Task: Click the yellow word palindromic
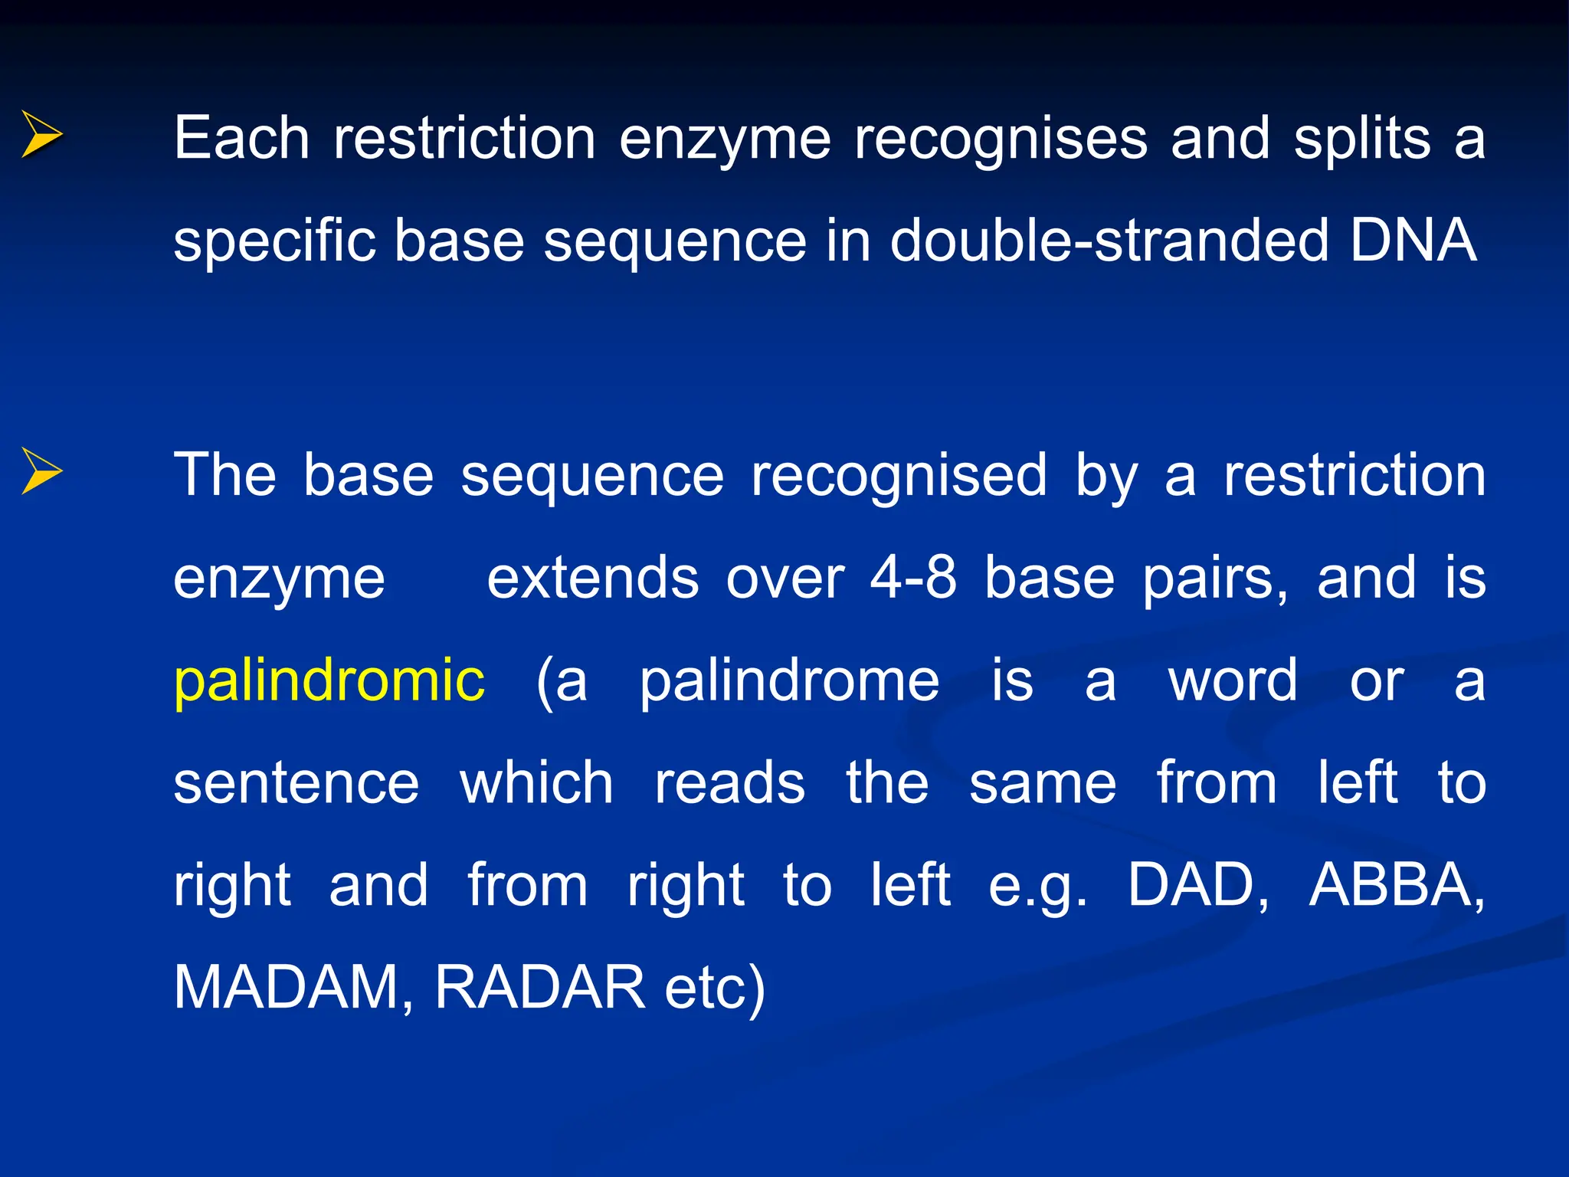(x=329, y=680)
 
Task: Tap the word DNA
(x=1413, y=241)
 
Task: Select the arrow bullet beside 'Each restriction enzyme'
(x=41, y=135)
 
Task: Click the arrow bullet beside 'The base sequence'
(x=41, y=470)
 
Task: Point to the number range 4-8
(x=913, y=578)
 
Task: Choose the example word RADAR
(x=540, y=988)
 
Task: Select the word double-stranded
(x=1109, y=241)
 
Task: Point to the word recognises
(x=1001, y=139)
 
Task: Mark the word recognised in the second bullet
(x=899, y=476)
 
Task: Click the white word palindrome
(x=789, y=680)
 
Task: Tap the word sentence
(x=296, y=783)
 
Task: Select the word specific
(x=274, y=241)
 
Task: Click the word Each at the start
(x=241, y=139)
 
